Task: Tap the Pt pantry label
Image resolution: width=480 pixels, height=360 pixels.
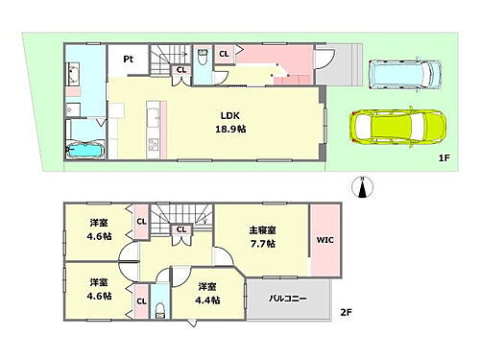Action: pyautogui.click(x=127, y=59)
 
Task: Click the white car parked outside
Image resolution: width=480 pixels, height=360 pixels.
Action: pyautogui.click(x=404, y=73)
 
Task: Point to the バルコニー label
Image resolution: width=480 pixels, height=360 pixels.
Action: pyautogui.click(x=287, y=299)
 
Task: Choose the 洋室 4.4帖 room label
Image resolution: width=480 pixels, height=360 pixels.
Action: pyautogui.click(x=208, y=293)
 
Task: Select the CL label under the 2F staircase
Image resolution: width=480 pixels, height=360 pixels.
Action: pyautogui.click(x=180, y=229)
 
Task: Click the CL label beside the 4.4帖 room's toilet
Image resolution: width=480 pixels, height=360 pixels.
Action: pyautogui.click(x=141, y=301)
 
